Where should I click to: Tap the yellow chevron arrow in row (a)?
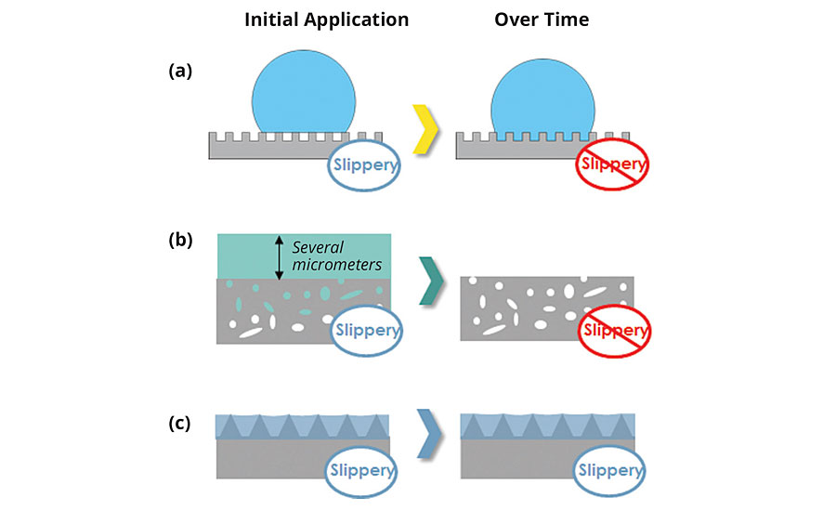tap(425, 129)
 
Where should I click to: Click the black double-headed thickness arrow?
tap(278, 256)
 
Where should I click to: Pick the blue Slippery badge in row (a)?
tap(365, 167)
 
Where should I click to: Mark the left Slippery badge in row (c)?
tap(363, 471)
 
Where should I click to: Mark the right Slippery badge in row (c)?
tap(610, 471)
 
